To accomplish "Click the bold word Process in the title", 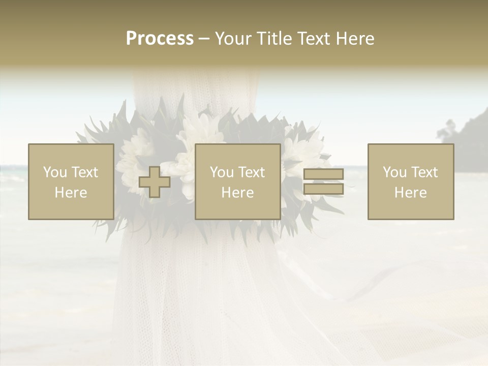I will (160, 39).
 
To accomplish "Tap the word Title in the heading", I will (273, 39).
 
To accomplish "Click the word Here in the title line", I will (356, 39).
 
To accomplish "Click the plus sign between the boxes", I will (155, 182).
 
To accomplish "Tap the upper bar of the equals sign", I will (323, 174).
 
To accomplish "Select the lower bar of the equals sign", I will (323, 189).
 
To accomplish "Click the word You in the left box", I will (55, 172).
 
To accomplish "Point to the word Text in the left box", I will (84, 172).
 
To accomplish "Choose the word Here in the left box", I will (71, 193).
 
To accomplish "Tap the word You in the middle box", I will (222, 172).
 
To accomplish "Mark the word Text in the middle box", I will (251, 172).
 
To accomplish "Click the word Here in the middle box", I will (237, 193).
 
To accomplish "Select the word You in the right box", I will (394, 172).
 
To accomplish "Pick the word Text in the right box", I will (424, 172).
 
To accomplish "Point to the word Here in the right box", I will (410, 193).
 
